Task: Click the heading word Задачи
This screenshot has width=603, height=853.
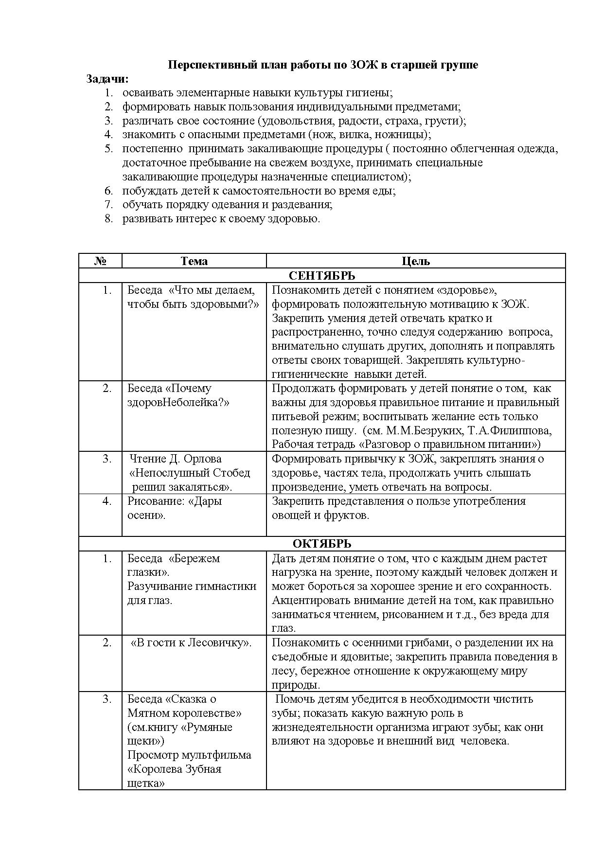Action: tap(106, 79)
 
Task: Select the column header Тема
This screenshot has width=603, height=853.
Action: tap(194, 261)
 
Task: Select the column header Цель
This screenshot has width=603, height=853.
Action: tap(416, 261)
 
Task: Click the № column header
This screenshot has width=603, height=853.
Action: tap(100, 261)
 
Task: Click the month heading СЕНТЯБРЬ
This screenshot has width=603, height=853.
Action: tap(322, 276)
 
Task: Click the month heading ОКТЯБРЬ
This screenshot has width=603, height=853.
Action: tap(322, 544)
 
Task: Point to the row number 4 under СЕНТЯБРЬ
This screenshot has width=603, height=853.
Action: tap(107, 501)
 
